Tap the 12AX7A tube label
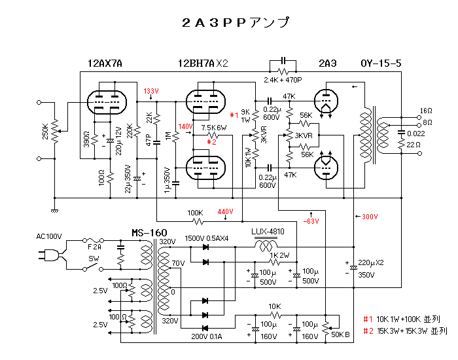(x=105, y=63)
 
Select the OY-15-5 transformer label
(x=381, y=63)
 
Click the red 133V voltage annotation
(x=151, y=91)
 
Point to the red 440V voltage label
(x=225, y=211)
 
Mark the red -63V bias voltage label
(x=311, y=221)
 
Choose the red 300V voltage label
(x=370, y=216)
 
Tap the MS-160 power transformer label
(x=149, y=233)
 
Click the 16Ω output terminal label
(x=425, y=111)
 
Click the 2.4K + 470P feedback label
(x=283, y=80)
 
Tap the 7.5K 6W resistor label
(x=214, y=128)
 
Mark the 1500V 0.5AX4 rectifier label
(x=206, y=238)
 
